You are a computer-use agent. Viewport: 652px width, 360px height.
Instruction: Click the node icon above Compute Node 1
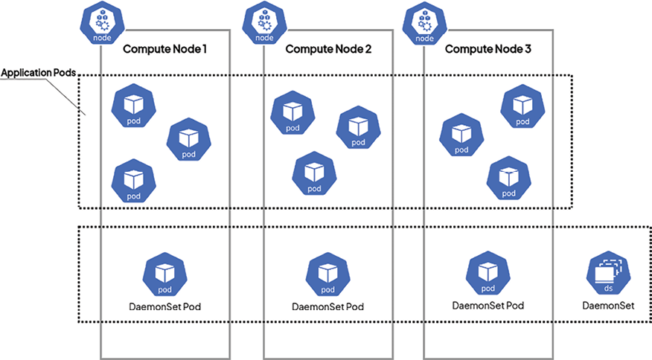(x=100, y=23)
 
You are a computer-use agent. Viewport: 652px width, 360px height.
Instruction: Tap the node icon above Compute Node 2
(x=264, y=23)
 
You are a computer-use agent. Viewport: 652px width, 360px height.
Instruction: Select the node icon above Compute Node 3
(x=424, y=23)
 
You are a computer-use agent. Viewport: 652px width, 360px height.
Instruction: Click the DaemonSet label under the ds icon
(x=607, y=305)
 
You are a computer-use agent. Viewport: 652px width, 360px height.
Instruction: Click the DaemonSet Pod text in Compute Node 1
(x=164, y=306)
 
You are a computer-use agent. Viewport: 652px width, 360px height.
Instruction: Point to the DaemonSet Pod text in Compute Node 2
(x=327, y=306)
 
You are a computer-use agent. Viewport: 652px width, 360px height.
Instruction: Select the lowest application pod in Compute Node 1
(x=133, y=181)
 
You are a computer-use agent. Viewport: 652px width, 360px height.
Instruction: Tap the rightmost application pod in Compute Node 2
(x=358, y=128)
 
